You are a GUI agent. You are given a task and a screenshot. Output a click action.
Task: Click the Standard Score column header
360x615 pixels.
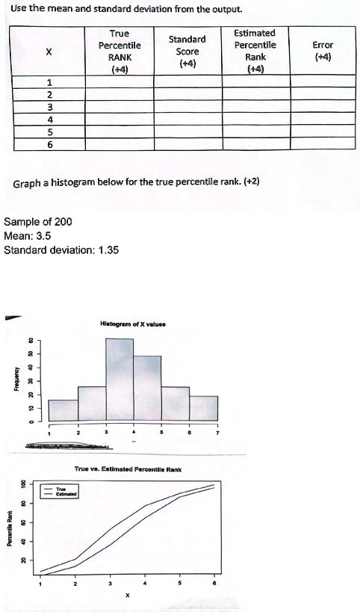click(x=187, y=51)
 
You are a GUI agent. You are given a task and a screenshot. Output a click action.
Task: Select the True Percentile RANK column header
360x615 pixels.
click(x=120, y=51)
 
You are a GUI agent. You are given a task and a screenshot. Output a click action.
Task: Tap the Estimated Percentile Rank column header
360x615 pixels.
click(x=255, y=51)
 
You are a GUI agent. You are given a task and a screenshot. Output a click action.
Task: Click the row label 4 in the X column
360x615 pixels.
click(x=49, y=119)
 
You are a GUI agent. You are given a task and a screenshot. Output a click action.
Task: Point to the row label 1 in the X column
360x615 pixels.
click(x=49, y=82)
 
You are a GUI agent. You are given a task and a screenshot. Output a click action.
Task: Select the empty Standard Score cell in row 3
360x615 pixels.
click(x=187, y=107)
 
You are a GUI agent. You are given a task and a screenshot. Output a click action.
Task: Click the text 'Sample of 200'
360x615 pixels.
click(x=38, y=222)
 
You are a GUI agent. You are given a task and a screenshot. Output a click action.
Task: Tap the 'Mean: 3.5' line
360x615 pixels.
click(x=28, y=236)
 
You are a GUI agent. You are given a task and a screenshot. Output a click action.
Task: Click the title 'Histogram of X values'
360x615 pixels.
click(x=133, y=324)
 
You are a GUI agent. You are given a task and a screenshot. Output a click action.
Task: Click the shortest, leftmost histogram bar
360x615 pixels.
click(x=63, y=410)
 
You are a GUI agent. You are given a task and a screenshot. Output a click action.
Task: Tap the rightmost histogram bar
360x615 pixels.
click(x=203, y=407)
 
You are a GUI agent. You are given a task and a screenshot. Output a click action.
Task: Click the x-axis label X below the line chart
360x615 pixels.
click(x=128, y=596)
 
